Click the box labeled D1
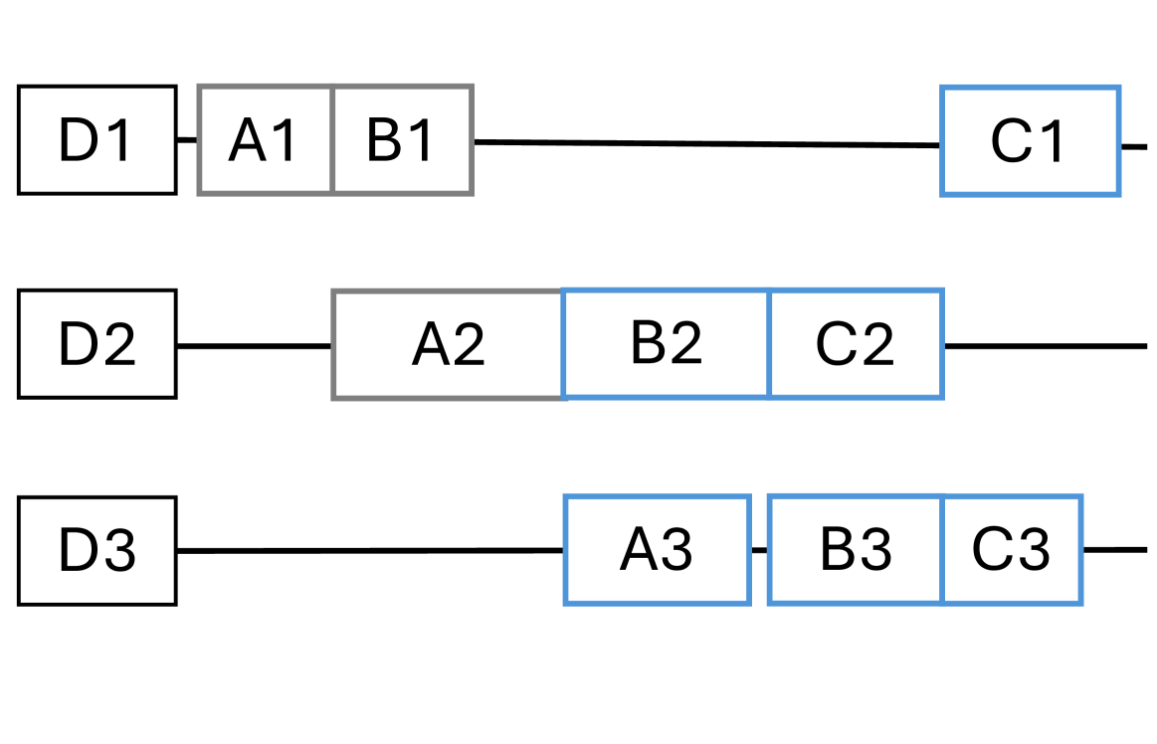click(97, 140)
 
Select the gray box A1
click(266, 140)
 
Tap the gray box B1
click(402, 140)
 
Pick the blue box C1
click(1030, 140)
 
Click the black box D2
click(97, 344)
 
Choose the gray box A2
click(448, 344)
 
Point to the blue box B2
click(667, 343)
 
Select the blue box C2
click(856, 343)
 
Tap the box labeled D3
click(97, 550)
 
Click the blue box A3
click(657, 549)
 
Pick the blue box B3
click(856, 549)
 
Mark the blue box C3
click(1012, 549)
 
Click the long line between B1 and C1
click(706, 143)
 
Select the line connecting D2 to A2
click(254, 346)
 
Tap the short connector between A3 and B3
click(759, 549)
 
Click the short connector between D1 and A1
click(188, 140)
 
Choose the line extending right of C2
click(1045, 346)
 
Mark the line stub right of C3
click(1114, 549)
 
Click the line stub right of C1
click(1134, 146)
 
